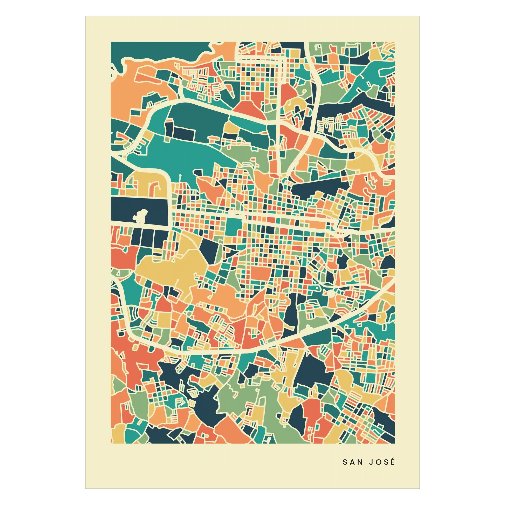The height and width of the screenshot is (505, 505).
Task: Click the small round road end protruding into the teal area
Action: [x=180, y=175]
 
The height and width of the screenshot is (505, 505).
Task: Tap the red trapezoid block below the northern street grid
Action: [x=249, y=107]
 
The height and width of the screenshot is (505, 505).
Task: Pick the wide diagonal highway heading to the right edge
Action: [x=366, y=306]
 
